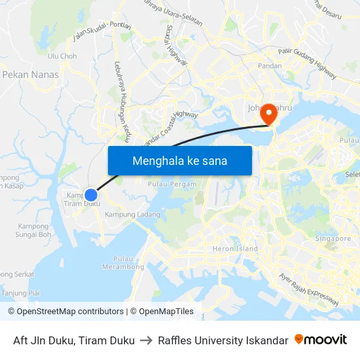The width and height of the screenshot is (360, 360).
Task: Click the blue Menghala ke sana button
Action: [179, 160]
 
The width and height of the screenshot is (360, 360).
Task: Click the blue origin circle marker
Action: [91, 194]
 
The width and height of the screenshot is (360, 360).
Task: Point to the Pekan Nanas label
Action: [30, 75]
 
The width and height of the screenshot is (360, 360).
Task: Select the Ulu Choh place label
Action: [62, 56]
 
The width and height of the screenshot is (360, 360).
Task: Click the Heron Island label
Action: [235, 249]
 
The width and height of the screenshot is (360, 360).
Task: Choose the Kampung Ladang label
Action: [132, 215]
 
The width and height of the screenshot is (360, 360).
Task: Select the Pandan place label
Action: [270, 66]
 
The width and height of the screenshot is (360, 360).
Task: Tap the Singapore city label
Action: [333, 239]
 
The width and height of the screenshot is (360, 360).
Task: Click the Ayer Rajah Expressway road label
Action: [308, 288]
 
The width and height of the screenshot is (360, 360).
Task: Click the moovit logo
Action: [321, 339]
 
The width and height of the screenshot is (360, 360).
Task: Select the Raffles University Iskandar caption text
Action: [223, 340]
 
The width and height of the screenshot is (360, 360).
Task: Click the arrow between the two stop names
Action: [146, 340]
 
